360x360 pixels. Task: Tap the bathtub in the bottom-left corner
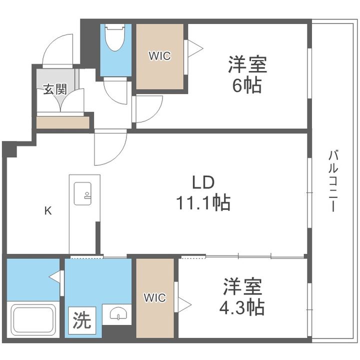click(x=33, y=320)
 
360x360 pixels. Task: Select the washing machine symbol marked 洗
click(x=82, y=320)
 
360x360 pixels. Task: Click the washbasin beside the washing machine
click(x=118, y=314)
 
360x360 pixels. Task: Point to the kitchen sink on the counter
click(x=82, y=193)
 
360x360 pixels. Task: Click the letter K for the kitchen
click(x=48, y=210)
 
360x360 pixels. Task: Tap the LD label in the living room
click(x=203, y=182)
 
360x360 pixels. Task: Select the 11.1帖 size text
click(x=203, y=202)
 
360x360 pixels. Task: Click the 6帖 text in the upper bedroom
click(x=247, y=85)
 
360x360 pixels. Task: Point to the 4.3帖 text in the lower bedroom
click(x=242, y=307)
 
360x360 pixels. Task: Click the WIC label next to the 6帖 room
click(x=160, y=56)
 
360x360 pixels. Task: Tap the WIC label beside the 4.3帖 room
click(x=155, y=297)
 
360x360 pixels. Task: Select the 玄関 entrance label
click(x=55, y=89)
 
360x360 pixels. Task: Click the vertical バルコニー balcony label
click(x=333, y=180)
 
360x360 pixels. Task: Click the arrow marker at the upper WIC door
click(x=195, y=48)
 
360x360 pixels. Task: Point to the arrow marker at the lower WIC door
click(x=185, y=305)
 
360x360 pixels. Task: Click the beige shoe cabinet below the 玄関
click(x=63, y=122)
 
